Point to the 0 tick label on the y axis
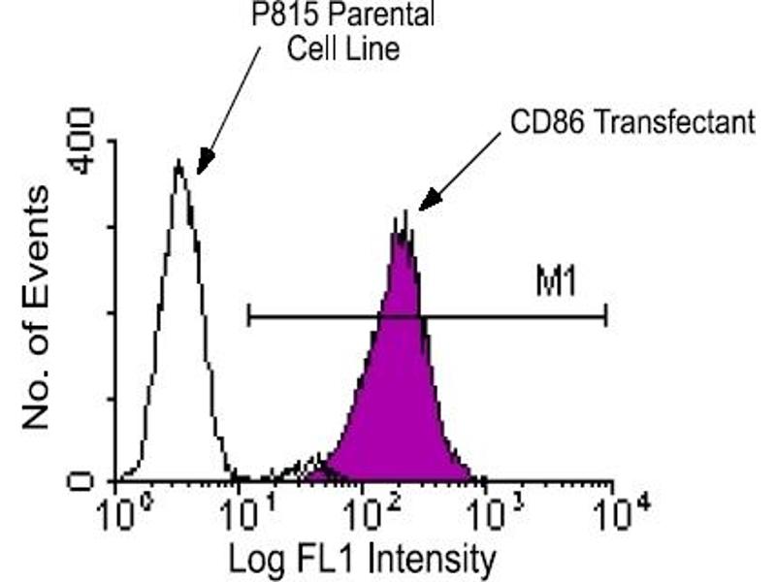[x=85, y=480]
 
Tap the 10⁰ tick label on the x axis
[x=120, y=511]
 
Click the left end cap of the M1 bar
[x=249, y=315]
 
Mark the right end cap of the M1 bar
[x=606, y=315]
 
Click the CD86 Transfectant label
[x=631, y=122]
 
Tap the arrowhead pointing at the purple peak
[x=427, y=203]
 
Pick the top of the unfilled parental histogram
[x=178, y=165]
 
